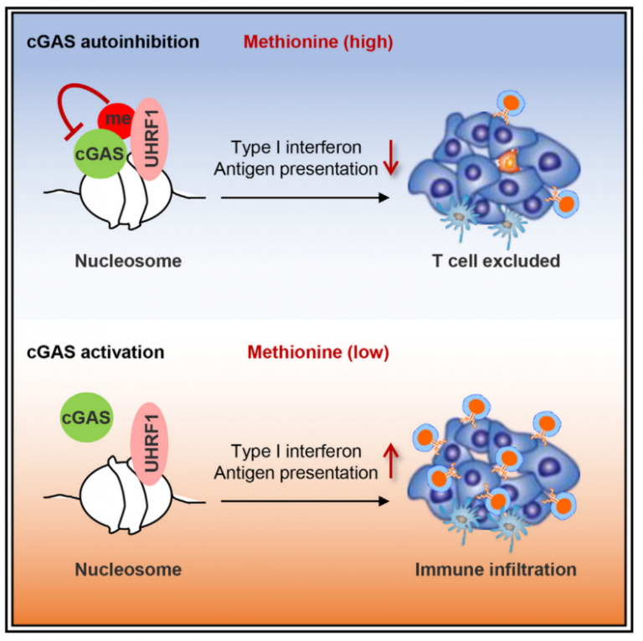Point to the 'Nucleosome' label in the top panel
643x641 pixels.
(128, 261)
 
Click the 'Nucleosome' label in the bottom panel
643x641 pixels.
(128, 570)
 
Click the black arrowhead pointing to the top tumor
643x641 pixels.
(384, 197)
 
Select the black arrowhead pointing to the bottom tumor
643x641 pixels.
(384, 502)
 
